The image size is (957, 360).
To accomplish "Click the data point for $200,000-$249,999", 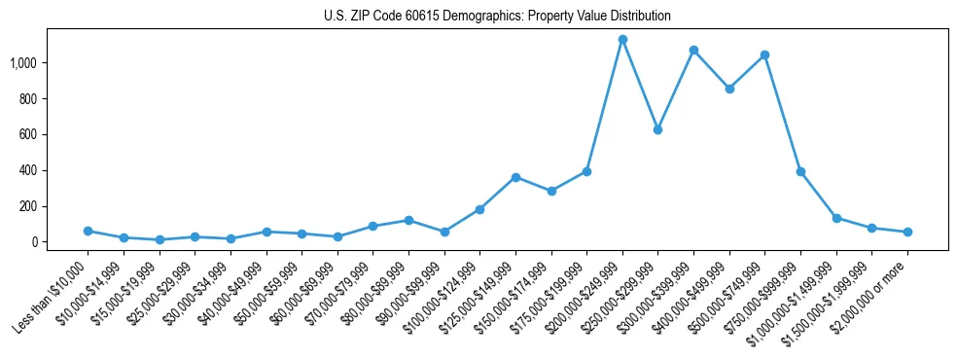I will point(622,40).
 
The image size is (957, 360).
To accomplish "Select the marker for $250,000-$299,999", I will point(657,129).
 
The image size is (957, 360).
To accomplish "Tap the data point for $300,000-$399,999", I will point(693,50).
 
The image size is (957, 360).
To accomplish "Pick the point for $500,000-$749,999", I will point(764,54).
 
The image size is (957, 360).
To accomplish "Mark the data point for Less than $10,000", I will point(88,231).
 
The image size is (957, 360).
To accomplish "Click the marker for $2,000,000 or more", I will point(907,232).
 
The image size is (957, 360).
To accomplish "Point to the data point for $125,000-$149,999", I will point(515,177).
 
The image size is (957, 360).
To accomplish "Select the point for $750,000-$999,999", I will point(800,171).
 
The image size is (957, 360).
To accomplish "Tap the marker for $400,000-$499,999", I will point(729,89).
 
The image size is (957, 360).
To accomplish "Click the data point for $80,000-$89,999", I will point(408,220).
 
